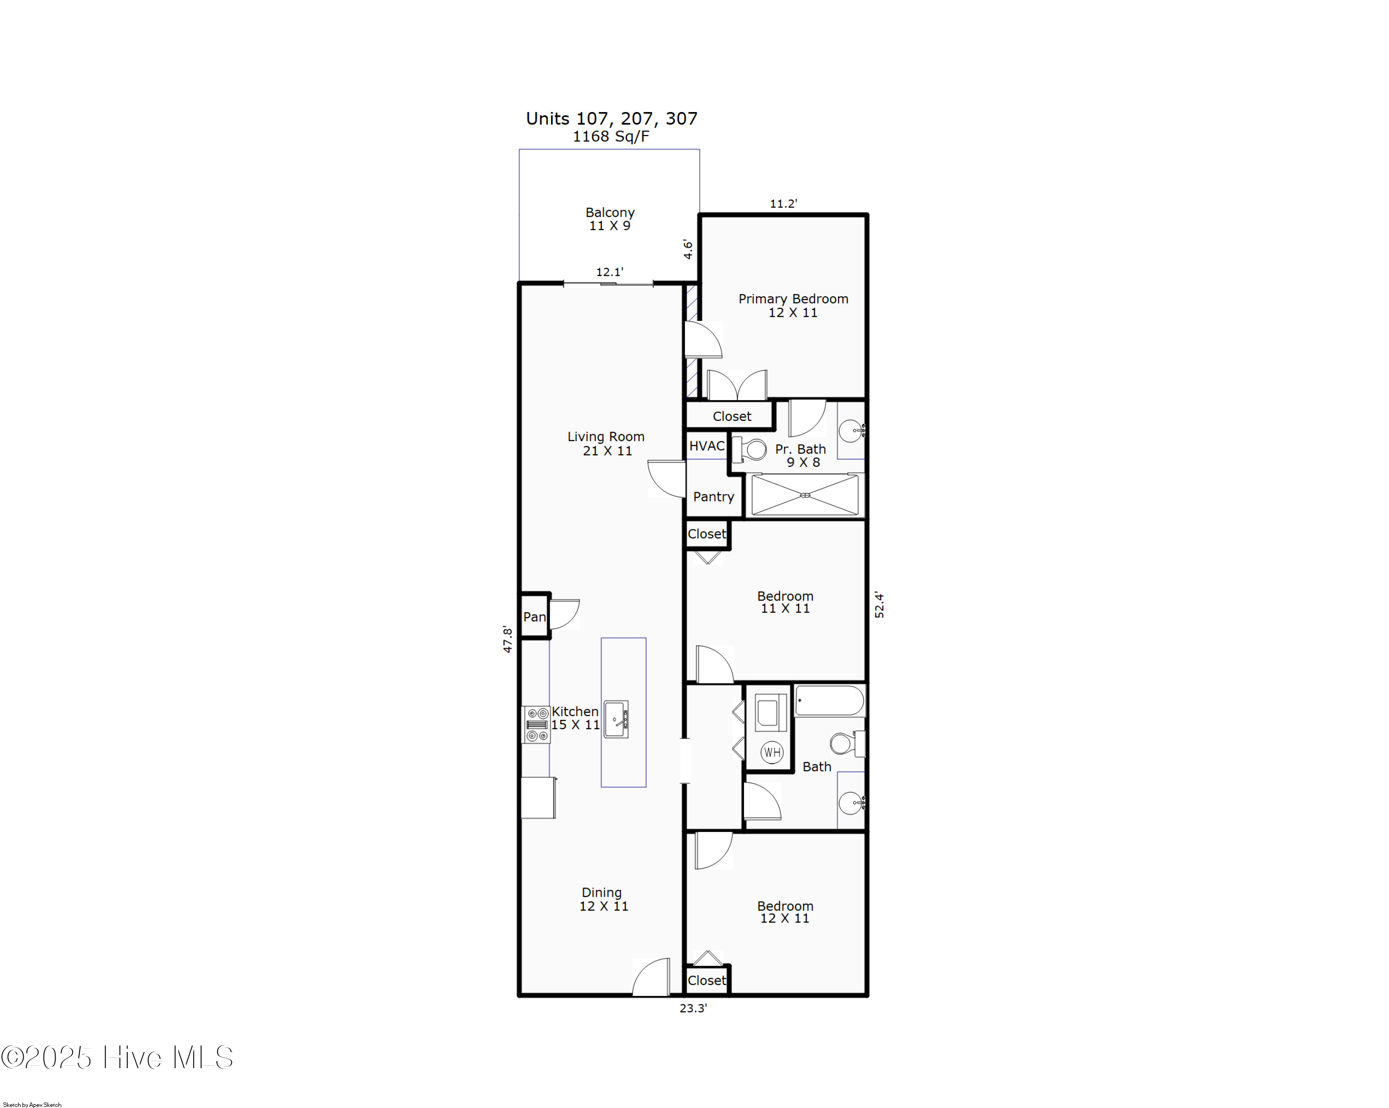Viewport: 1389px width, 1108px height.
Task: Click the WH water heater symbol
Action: [771, 752]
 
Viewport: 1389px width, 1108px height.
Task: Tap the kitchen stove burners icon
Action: [537, 725]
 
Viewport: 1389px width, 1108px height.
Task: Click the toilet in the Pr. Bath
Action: [750, 450]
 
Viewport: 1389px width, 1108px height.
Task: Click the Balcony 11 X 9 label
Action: [609, 219]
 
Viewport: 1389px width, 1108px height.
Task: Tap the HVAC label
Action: [707, 446]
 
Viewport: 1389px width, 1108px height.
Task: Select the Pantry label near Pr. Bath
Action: [713, 497]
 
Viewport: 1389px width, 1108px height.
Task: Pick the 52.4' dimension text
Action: [879, 605]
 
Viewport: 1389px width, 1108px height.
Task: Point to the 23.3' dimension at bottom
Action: [693, 1008]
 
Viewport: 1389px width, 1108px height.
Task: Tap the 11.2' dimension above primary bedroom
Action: [783, 204]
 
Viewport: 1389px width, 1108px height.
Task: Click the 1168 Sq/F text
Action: [611, 137]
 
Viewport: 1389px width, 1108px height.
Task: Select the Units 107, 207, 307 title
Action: [612, 119]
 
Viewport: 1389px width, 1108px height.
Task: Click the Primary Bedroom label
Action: [793, 305]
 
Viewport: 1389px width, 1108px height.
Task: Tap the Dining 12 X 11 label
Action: [603, 899]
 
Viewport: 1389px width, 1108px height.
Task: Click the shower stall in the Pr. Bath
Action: [805, 495]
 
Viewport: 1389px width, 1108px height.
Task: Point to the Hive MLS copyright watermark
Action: [117, 1058]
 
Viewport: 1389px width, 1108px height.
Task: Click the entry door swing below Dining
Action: [652, 978]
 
